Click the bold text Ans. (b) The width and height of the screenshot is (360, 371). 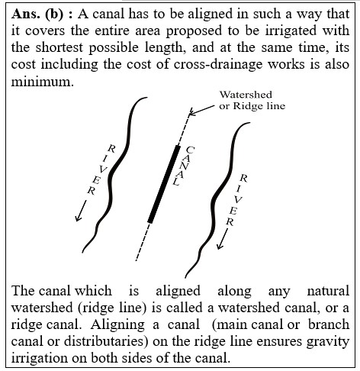click(37, 14)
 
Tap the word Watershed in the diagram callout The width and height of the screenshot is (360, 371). click(246, 95)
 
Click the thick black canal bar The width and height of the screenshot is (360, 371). click(164, 184)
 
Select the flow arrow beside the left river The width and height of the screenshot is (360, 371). click(81, 211)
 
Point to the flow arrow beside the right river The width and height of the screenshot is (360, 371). click(223, 239)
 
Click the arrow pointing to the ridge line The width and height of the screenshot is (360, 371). click(202, 111)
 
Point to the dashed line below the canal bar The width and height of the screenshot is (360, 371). click(143, 242)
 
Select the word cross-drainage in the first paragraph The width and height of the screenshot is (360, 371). click(218, 64)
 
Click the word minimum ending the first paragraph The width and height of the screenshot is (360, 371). click(42, 82)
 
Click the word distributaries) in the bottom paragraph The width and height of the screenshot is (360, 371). click(106, 341)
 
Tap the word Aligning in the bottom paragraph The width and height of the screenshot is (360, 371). click(117, 325)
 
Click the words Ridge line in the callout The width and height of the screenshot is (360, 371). click(259, 106)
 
